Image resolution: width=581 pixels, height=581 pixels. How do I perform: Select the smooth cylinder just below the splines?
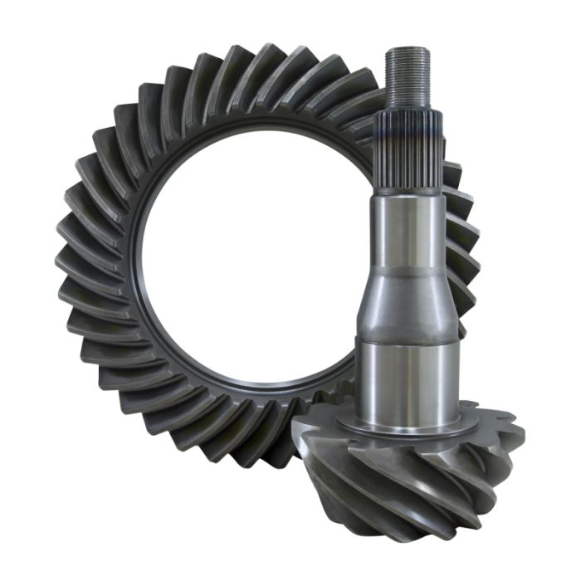(x=407, y=232)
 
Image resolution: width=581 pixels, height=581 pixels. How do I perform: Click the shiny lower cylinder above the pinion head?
(x=407, y=378)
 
